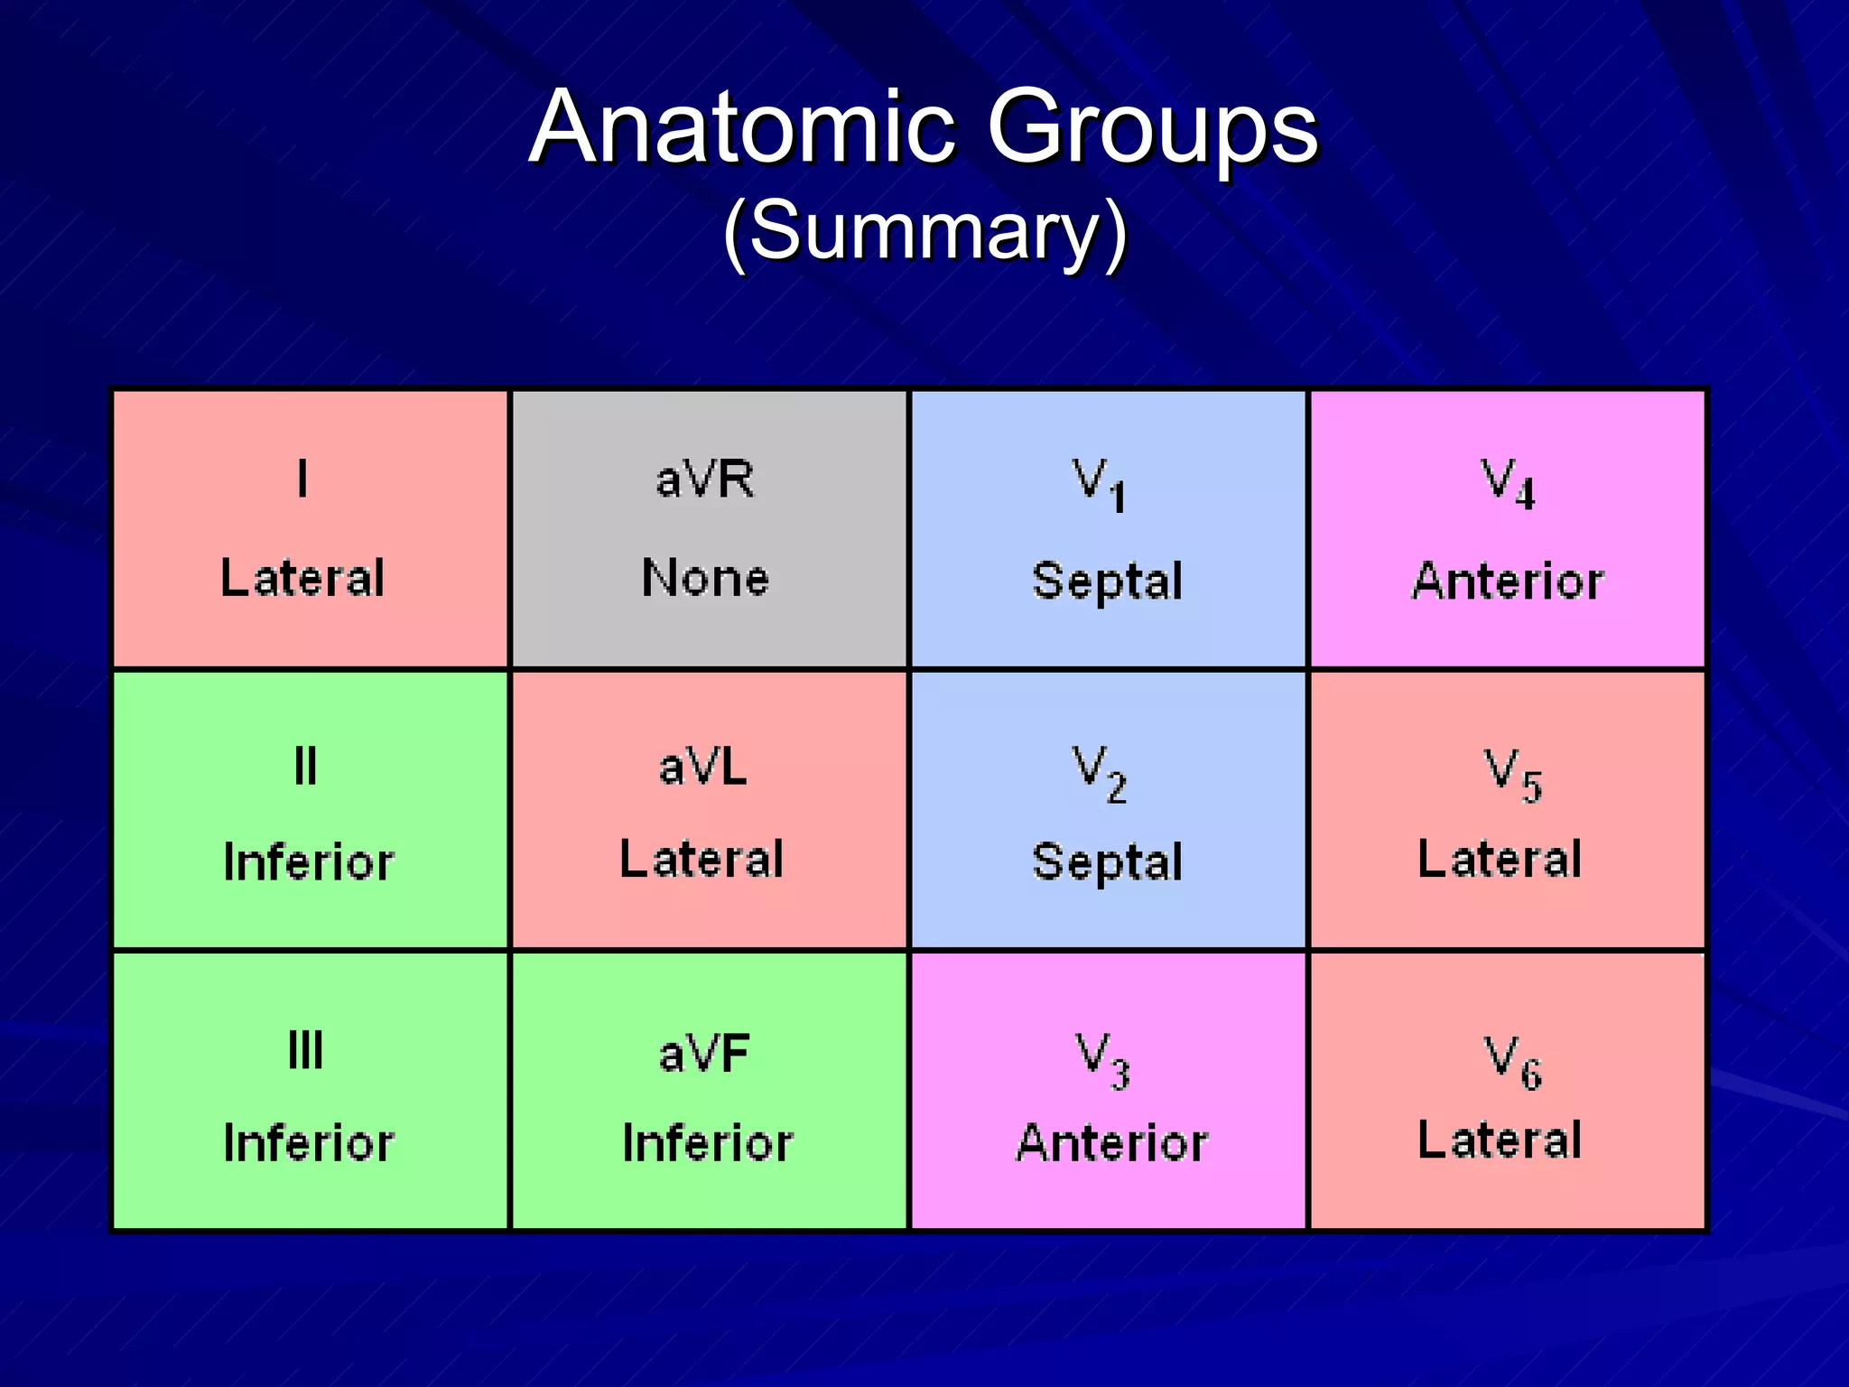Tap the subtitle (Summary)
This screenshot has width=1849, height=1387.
(x=925, y=232)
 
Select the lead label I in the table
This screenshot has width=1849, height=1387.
(x=302, y=479)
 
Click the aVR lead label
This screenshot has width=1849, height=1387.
(x=705, y=479)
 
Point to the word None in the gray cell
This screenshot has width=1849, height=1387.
(x=705, y=578)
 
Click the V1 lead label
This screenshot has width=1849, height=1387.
(x=1099, y=484)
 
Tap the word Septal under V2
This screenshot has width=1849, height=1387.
(x=1107, y=861)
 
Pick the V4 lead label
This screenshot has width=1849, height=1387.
(x=1507, y=484)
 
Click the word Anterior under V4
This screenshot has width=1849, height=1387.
(x=1508, y=581)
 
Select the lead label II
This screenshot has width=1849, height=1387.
(x=305, y=767)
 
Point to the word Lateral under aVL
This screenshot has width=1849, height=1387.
(x=702, y=859)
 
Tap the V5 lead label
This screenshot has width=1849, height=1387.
(x=1513, y=775)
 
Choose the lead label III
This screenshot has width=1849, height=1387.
(x=305, y=1050)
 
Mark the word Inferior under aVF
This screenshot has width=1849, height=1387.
(x=708, y=1143)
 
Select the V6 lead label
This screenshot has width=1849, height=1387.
(x=1513, y=1062)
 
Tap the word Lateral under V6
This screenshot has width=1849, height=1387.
(x=1500, y=1140)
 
